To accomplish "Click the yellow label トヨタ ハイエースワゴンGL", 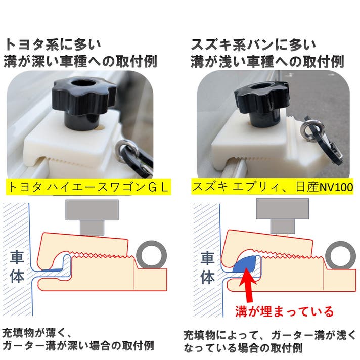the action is [88, 187].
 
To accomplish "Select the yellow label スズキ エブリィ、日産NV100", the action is [273, 187].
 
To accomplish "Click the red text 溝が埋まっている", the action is [284, 311].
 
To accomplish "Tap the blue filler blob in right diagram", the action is [245, 264].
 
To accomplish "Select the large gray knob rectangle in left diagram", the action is [92, 210].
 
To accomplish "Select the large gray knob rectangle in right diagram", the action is [283, 209].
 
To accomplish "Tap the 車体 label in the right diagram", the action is [207, 267].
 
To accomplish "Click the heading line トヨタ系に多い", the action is [53, 45].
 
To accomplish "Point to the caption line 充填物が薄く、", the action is [37, 333].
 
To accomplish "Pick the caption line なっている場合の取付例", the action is [243, 348].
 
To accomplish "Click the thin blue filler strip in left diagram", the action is [52, 270].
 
